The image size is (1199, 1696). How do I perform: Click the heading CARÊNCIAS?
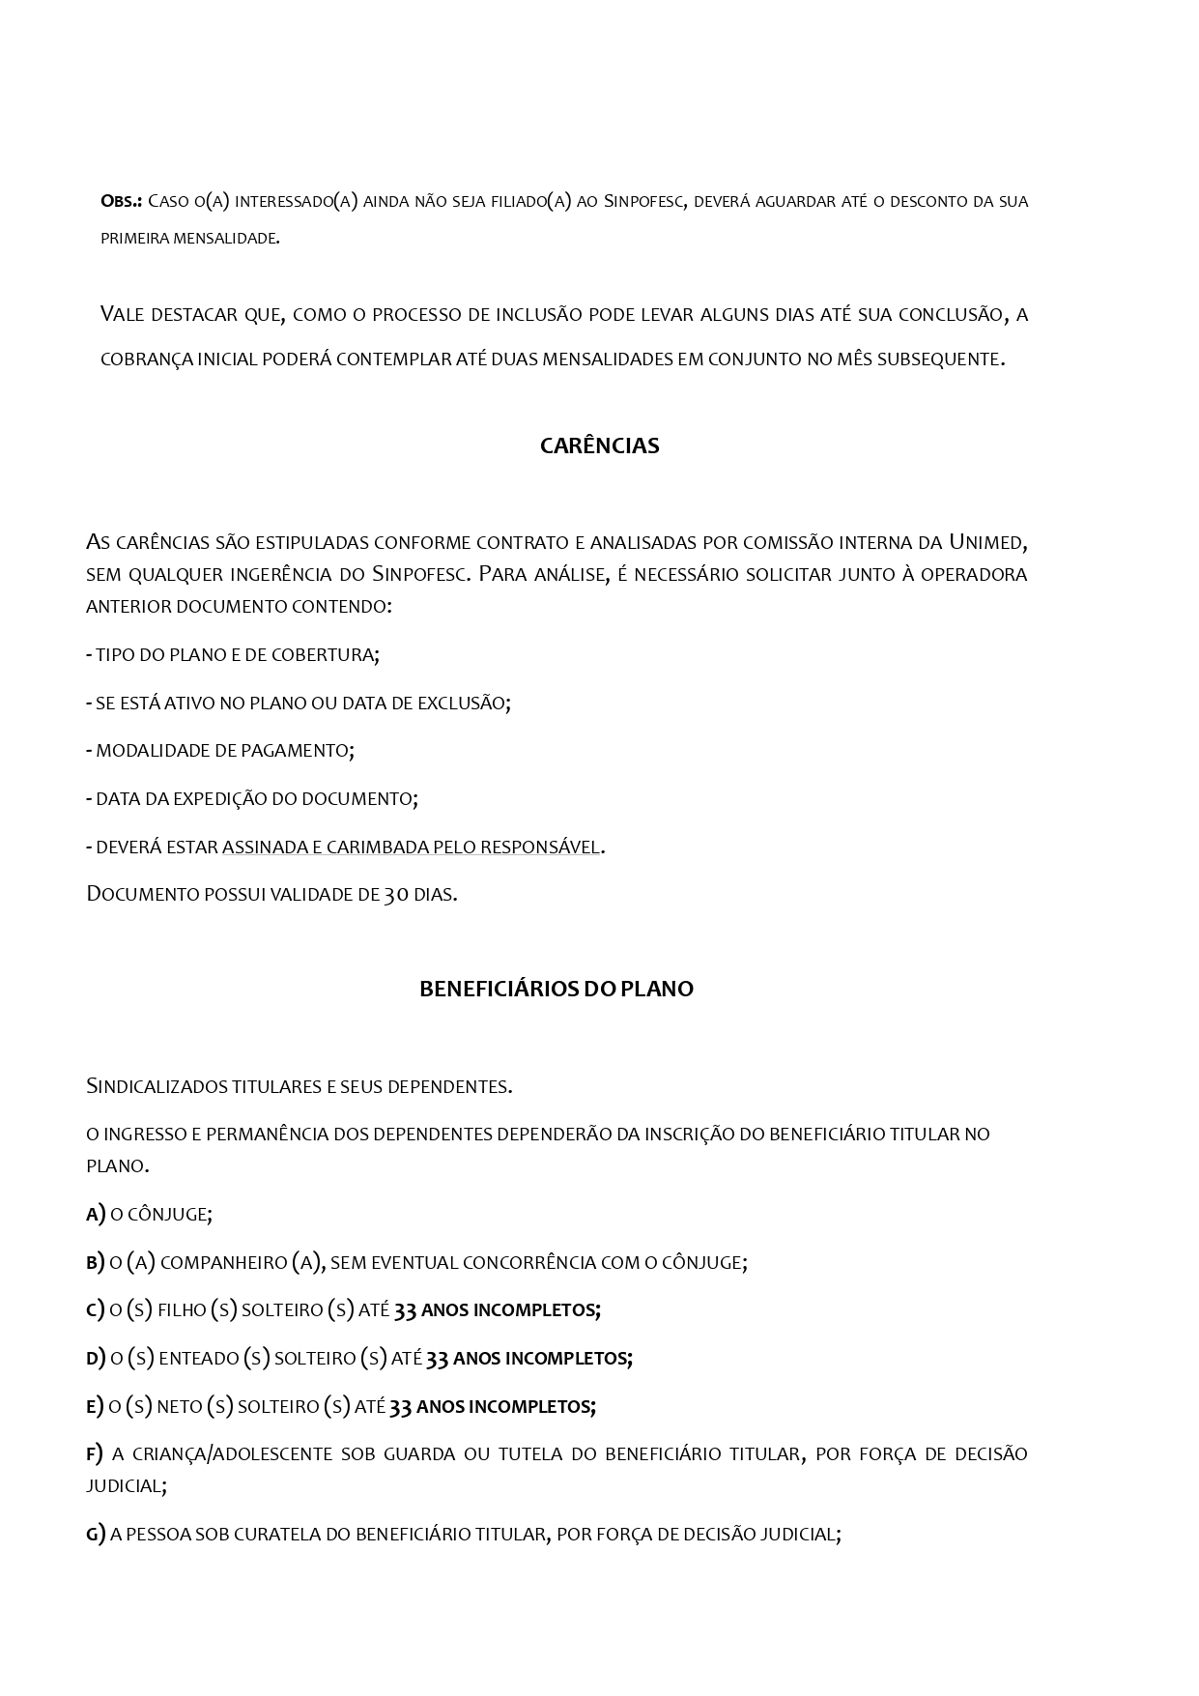(x=599, y=446)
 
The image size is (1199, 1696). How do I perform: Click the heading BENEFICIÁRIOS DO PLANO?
(x=556, y=989)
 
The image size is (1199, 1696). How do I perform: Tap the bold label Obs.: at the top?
(x=122, y=201)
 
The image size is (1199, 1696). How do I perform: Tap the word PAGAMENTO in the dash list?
(x=301, y=750)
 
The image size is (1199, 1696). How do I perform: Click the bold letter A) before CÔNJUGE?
(x=95, y=1214)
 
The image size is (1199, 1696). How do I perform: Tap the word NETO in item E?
(x=179, y=1406)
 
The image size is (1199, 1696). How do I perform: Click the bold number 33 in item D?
(x=437, y=1358)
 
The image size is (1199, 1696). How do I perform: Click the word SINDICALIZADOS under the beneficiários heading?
(x=157, y=1085)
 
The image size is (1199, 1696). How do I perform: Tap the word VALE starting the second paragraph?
(x=123, y=314)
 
